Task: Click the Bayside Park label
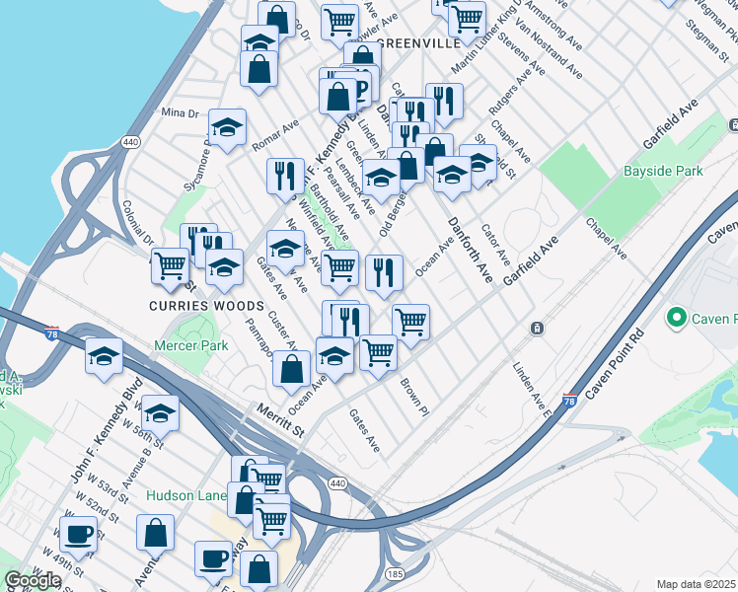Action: tap(663, 171)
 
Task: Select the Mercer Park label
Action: tap(191, 346)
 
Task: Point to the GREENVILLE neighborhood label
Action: tap(418, 44)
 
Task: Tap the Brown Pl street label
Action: tap(412, 396)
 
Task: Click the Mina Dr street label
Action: tap(180, 113)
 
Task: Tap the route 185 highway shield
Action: tap(395, 572)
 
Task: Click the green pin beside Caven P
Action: tap(676, 318)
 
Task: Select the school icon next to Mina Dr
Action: tap(227, 127)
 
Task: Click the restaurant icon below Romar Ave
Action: tap(285, 176)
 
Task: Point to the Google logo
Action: tap(33, 580)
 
